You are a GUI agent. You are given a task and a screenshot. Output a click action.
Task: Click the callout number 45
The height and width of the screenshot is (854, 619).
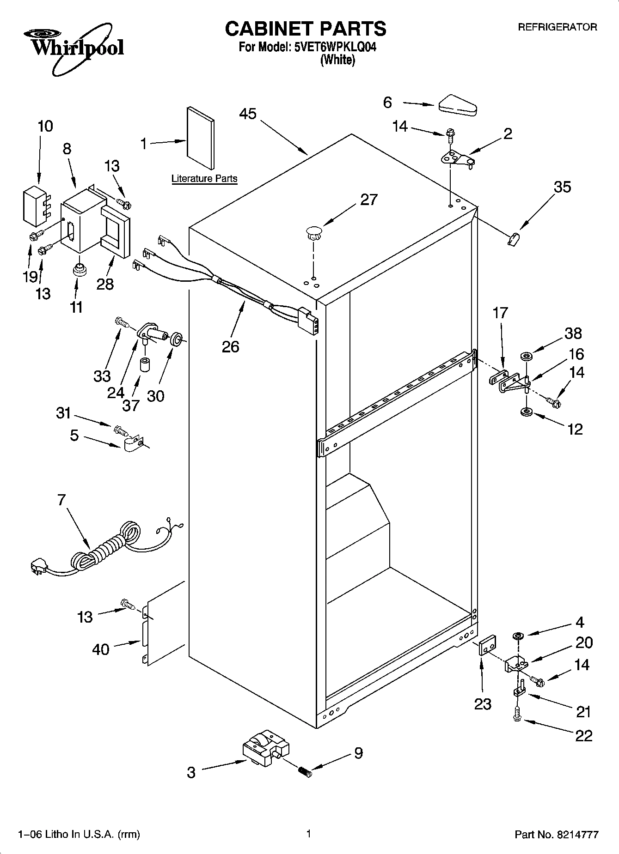[248, 114]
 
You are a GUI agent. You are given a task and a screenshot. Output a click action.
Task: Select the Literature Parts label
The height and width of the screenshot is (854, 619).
[204, 179]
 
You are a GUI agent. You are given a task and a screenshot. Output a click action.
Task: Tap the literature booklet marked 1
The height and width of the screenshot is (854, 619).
[201, 139]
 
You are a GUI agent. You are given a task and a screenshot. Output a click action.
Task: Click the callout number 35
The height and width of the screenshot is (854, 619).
[562, 187]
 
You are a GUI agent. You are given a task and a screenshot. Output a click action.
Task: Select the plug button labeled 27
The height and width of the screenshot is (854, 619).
[313, 232]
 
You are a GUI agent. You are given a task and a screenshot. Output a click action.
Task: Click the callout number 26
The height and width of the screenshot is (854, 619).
[231, 346]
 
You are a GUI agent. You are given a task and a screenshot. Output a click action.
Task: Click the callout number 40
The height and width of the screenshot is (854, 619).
[101, 649]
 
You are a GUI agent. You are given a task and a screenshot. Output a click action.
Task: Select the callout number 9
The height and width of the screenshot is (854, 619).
[358, 753]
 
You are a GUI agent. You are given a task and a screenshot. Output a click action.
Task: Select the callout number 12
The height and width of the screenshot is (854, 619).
[575, 429]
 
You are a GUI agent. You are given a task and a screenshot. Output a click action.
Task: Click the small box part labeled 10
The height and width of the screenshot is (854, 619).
[34, 204]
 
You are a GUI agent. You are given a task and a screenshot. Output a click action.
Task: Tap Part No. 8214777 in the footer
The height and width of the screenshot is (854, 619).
[557, 835]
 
